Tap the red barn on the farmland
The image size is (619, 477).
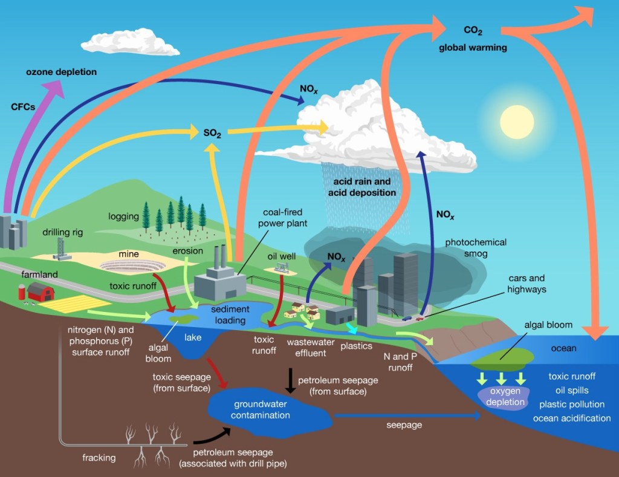pos(41,292)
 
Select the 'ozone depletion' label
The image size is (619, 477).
pos(61,72)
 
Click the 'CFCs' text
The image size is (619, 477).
pos(24,106)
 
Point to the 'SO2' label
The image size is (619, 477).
pos(211,132)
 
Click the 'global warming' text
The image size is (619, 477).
pos(473,47)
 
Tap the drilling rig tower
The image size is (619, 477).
pos(60,248)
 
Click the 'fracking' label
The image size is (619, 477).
pos(99,458)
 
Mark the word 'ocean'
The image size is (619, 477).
pos(563,348)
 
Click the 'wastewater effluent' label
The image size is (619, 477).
pos(306,348)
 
